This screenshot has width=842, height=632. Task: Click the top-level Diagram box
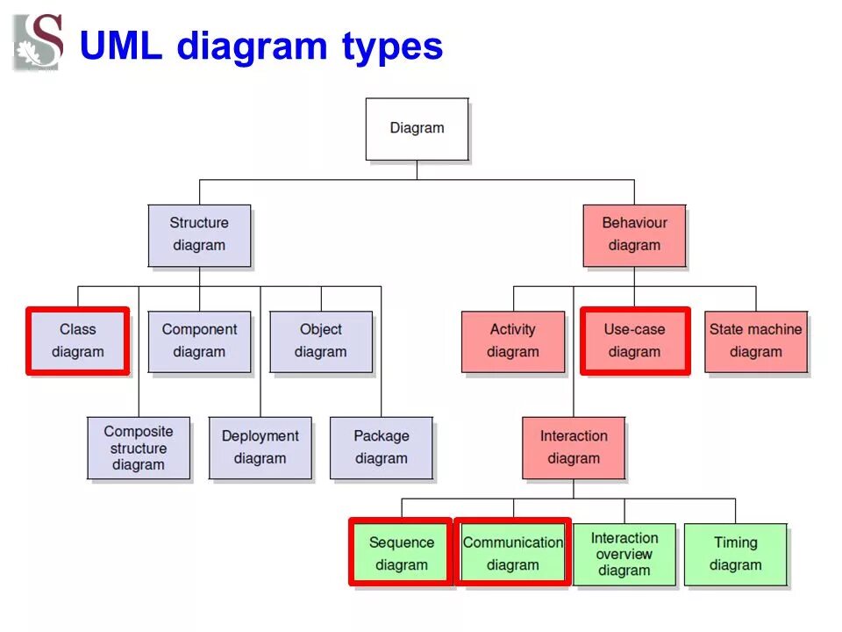coord(417,129)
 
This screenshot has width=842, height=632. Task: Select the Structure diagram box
coord(199,235)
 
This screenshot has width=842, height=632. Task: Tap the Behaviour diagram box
coord(634,235)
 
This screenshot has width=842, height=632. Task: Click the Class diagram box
coord(78,341)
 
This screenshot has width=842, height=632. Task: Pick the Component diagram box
coord(199,341)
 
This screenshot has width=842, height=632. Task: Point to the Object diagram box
coord(320,341)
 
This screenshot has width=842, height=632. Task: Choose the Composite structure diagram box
coord(139,448)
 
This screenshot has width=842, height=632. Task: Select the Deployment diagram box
coord(260,448)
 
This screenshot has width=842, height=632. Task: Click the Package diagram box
coord(381,448)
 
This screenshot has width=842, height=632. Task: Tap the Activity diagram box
coord(513,341)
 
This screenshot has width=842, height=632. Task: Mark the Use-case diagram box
coord(634,341)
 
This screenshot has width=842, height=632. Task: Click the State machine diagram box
coord(755,341)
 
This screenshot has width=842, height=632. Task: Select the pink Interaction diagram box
coord(574,448)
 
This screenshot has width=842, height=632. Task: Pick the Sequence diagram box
coord(401,554)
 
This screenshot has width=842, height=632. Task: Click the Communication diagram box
coord(513,554)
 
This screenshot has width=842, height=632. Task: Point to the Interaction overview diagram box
coord(624,554)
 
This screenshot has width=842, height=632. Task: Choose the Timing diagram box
coord(735,554)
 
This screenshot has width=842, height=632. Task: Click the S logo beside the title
coord(39,42)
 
